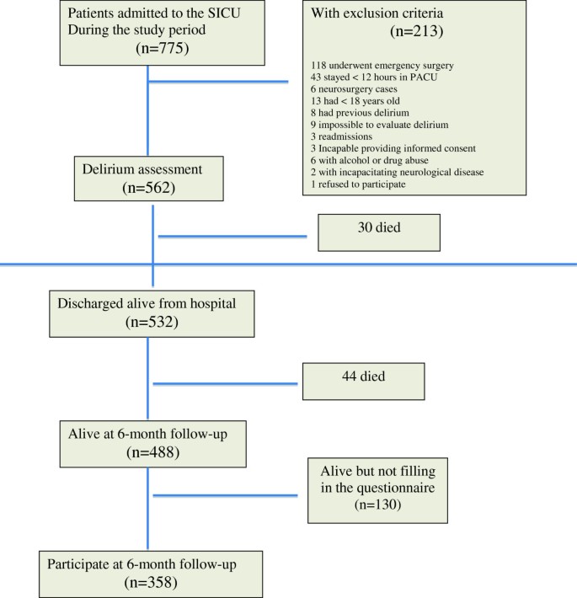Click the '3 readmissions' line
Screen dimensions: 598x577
pos(336,136)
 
